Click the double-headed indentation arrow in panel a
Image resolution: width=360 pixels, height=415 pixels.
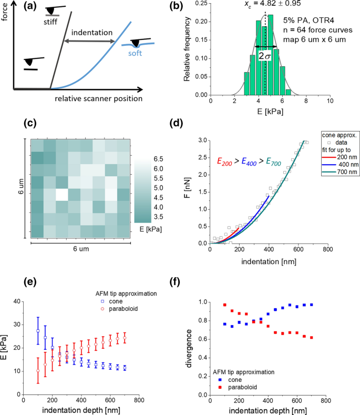(89, 42)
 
